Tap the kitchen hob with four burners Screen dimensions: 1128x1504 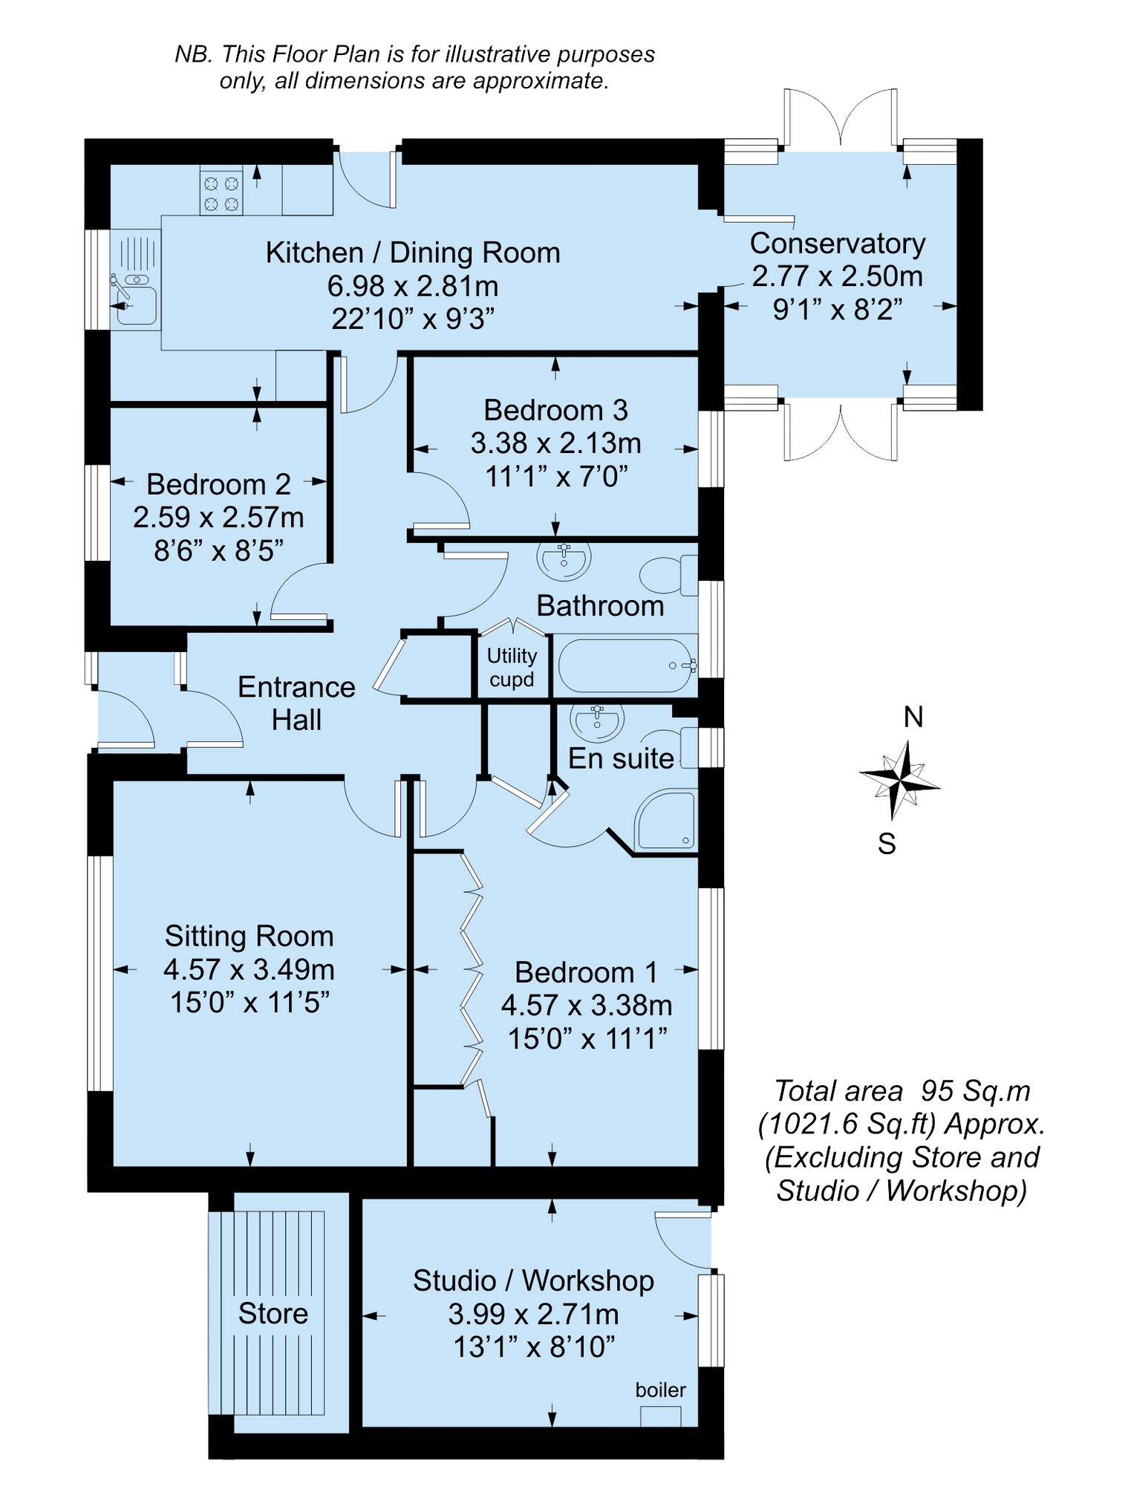221,193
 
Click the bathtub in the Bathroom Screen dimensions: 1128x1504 626,665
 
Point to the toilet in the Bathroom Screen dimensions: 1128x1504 668,576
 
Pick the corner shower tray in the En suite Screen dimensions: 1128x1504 665,820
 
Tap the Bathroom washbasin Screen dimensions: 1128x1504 564,560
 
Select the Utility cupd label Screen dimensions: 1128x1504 512,667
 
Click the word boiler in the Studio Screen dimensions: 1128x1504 660,1390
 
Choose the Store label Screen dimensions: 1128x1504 273,1313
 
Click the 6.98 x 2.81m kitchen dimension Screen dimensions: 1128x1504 413,286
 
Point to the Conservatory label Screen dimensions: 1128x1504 838,244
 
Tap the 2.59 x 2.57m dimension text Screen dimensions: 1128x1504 218,517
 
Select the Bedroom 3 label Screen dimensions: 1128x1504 555,410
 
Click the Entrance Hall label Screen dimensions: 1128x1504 296,703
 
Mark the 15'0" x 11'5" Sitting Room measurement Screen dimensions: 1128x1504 250,1002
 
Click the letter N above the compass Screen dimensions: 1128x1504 913,717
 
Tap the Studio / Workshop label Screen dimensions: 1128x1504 533,1280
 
